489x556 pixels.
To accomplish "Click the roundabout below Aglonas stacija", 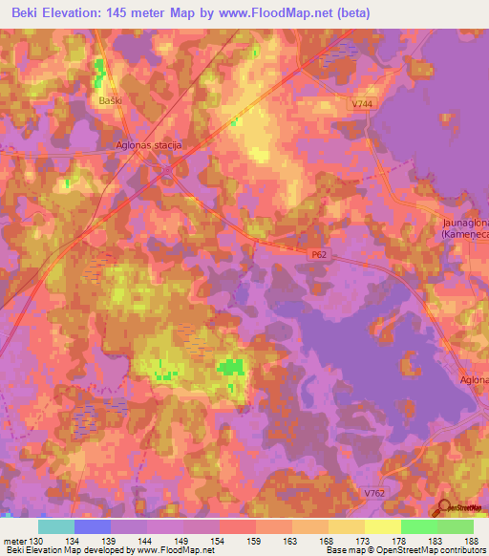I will pos(168,172).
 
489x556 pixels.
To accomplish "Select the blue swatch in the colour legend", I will pos(92,526).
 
